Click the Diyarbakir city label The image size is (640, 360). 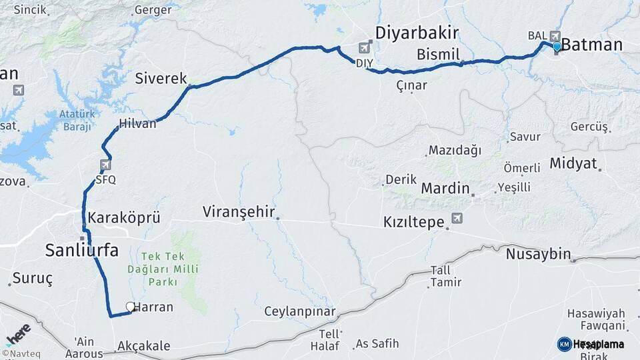[x=417, y=33]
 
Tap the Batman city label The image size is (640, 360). [x=592, y=45]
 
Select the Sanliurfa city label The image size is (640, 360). [x=82, y=251]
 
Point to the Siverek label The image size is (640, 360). [x=161, y=78]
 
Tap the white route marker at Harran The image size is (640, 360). [x=130, y=307]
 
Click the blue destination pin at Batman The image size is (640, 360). [x=557, y=47]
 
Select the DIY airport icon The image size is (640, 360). [x=364, y=47]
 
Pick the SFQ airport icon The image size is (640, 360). [x=105, y=165]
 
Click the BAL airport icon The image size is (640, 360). [x=555, y=35]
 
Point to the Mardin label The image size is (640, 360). [x=445, y=189]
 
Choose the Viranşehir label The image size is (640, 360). [x=239, y=212]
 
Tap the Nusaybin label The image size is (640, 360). [x=539, y=253]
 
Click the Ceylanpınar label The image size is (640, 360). [x=299, y=311]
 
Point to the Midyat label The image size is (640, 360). [x=573, y=163]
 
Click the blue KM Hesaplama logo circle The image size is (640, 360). [x=564, y=344]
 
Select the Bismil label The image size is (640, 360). [x=438, y=53]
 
